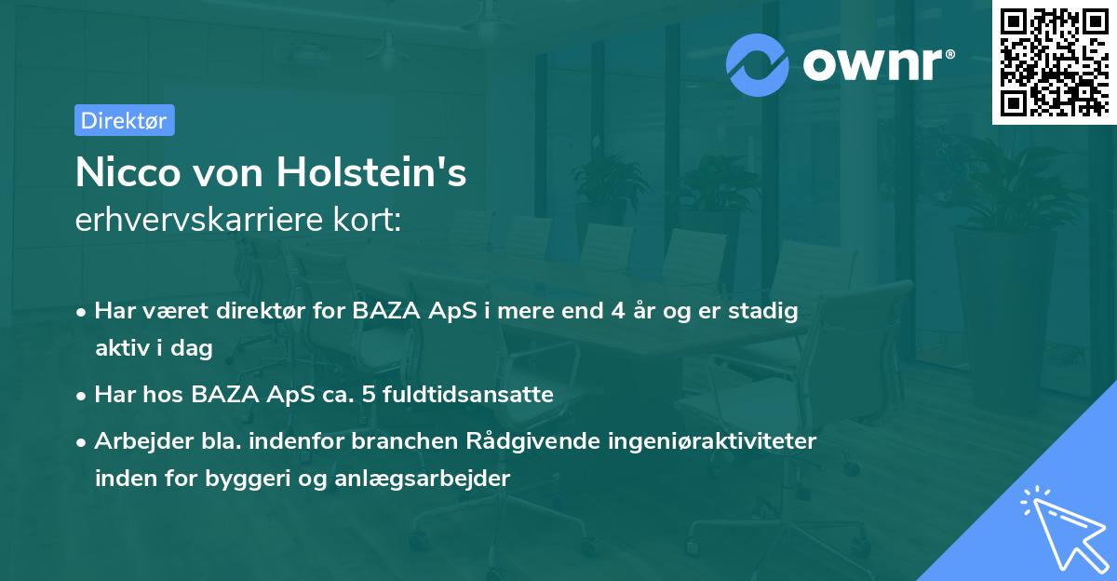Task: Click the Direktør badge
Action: (124, 120)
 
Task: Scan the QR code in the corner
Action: (1054, 61)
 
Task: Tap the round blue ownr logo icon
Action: (758, 64)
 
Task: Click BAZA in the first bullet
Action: (383, 311)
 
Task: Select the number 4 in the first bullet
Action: (617, 311)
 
